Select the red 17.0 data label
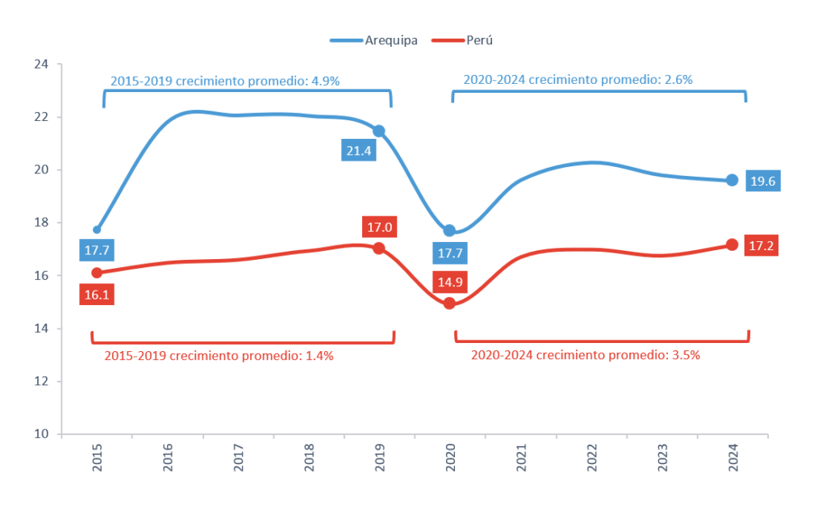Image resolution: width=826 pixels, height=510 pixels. coord(379,228)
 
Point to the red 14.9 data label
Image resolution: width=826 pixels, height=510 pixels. coord(449,282)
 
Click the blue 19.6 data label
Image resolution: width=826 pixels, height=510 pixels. coord(762,182)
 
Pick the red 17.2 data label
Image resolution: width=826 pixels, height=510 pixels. coord(762,245)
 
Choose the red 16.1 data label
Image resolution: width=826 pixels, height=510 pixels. coord(97,295)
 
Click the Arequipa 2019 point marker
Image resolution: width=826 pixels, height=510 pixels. coord(379,131)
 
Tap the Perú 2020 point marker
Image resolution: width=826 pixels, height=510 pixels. coord(449,303)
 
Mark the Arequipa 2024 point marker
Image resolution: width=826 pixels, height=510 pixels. coord(732,180)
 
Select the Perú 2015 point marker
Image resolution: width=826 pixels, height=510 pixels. coord(97,273)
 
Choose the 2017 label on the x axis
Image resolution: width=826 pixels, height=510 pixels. coord(239,460)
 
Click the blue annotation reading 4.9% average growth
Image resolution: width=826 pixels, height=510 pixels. coord(225,81)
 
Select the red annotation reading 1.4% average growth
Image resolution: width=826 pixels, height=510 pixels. coord(219,355)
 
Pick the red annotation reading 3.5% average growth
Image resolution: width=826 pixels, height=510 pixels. coord(585,355)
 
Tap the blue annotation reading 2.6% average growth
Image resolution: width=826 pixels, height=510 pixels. coord(578,80)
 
